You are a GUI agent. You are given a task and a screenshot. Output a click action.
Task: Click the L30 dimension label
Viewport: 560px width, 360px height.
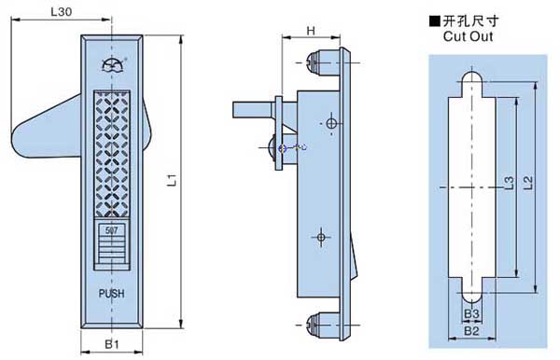tap(61, 12)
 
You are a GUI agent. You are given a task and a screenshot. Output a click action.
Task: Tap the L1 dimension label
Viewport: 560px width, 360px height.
tap(173, 180)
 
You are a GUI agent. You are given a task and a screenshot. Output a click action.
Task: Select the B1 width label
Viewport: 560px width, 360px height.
tap(112, 344)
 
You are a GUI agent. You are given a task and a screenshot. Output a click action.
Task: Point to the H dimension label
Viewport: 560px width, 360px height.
tap(311, 31)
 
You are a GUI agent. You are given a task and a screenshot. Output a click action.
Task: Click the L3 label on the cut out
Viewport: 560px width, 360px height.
tap(509, 183)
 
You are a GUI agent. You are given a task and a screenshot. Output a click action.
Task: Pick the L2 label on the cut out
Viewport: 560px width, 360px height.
tap(528, 183)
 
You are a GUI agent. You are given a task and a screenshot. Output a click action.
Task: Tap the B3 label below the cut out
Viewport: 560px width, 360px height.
tap(471, 314)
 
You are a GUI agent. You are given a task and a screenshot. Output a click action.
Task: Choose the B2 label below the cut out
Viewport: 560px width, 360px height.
tap(471, 331)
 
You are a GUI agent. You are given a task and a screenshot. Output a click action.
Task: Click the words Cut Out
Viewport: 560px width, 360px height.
tap(468, 36)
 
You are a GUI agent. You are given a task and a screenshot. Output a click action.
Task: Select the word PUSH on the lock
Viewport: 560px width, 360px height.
tap(112, 294)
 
